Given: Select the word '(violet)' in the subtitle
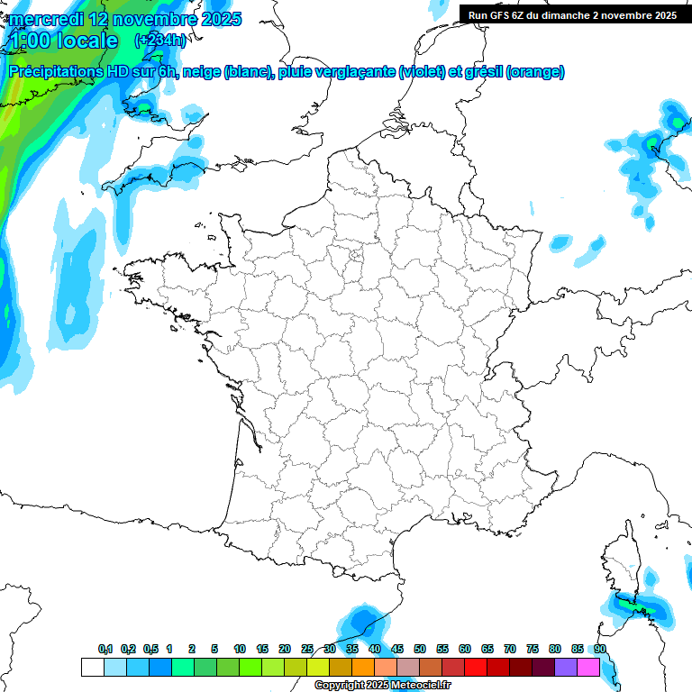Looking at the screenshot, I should point(422,72).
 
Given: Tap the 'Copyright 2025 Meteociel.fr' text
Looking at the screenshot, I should point(382,686).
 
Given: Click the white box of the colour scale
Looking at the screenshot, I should point(92,667).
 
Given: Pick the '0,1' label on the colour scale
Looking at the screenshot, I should point(105,649).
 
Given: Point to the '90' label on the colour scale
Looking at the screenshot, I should point(600,649).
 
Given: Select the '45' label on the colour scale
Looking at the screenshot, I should point(397,649).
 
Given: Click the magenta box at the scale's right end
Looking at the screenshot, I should point(588,667).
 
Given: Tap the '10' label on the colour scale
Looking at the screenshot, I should point(240,649).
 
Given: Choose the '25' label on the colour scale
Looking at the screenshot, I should point(307,649).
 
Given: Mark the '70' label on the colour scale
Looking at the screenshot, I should point(510,649).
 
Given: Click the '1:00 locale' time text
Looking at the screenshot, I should point(63,41).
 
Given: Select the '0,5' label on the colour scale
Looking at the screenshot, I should point(150,649).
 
